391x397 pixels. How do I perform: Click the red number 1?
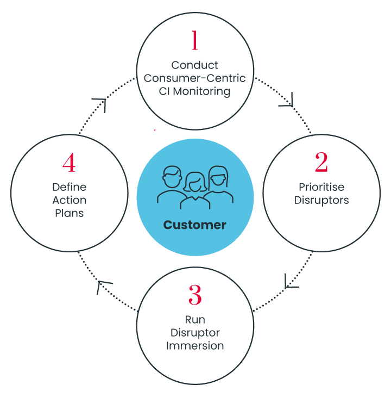pos(194,41)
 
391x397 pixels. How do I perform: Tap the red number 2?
pos(321,162)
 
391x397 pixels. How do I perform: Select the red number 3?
pos(195,295)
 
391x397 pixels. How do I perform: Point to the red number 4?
pos(69,162)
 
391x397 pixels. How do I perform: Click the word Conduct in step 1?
pos(194,65)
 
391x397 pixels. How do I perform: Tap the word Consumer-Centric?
pos(194,78)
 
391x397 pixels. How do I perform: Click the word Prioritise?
pos(321,187)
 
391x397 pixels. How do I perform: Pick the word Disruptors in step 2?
pos(321,200)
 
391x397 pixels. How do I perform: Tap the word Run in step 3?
pos(195,320)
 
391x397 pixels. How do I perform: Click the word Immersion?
pos(195,346)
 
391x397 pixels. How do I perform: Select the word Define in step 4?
pos(69,187)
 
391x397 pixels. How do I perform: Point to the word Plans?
pos(69,213)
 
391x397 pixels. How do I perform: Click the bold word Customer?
pos(194,225)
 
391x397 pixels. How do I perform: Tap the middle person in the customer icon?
pos(194,188)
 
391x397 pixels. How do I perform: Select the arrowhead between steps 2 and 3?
pos(292,282)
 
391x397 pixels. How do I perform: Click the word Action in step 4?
pos(69,200)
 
